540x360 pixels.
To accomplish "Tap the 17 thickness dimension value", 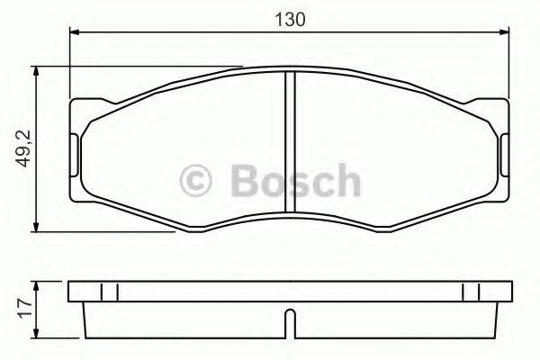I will point(24,305).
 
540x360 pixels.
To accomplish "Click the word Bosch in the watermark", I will point(292,181).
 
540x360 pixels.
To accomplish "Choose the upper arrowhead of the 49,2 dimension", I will point(36,72).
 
